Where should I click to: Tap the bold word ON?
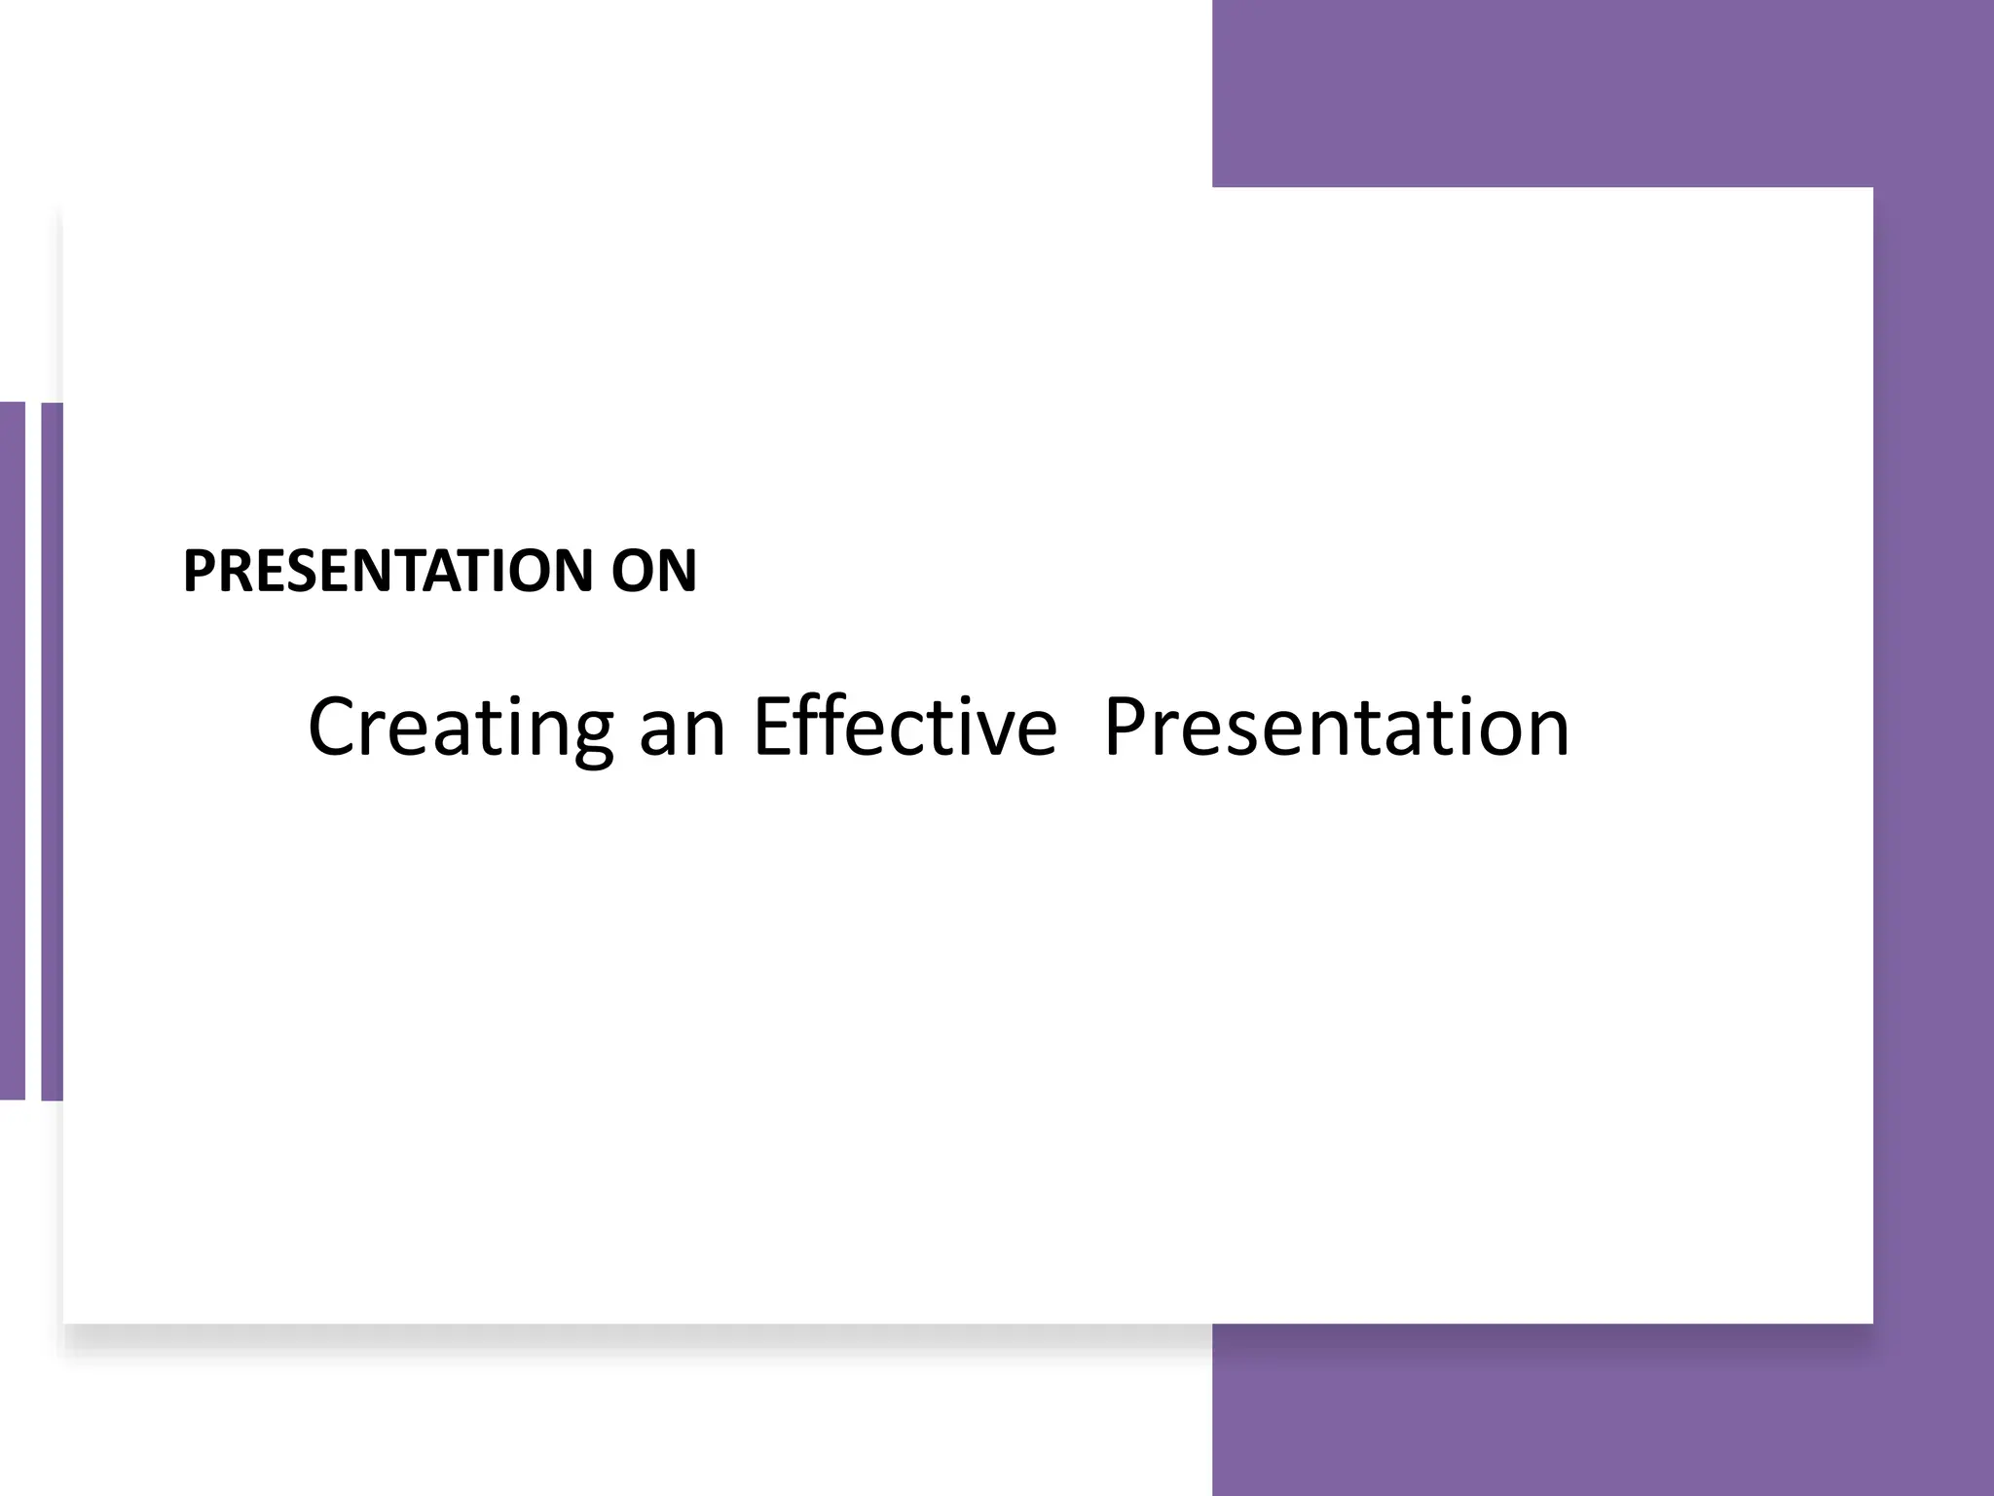[653, 571]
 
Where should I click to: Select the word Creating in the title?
[460, 727]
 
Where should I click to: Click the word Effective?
[905, 727]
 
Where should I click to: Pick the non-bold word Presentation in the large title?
[1336, 727]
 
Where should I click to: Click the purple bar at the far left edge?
[12, 750]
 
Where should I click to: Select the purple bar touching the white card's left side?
[52, 750]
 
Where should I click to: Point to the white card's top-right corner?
[1870, 190]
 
